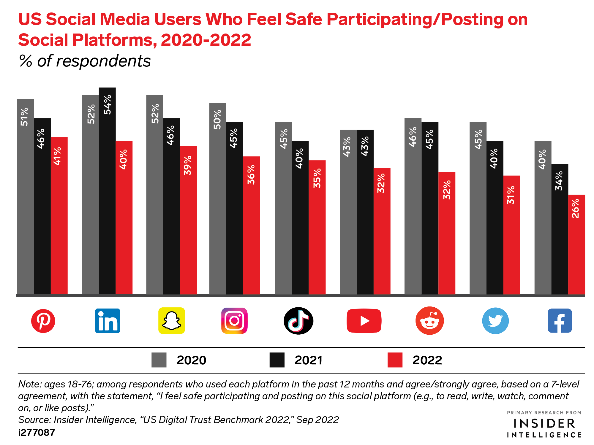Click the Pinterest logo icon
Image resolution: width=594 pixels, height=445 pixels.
point(43,321)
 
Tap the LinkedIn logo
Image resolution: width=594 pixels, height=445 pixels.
point(107,321)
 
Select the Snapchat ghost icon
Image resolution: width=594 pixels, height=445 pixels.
point(172,321)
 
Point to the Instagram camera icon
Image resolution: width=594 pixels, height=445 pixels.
point(234,321)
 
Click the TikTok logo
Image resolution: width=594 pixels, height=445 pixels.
point(298,321)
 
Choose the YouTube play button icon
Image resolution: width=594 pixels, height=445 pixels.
point(364,321)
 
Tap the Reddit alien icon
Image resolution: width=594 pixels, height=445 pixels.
point(429,321)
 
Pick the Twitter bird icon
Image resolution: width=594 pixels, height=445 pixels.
point(495,321)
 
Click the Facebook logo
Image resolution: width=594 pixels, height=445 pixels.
point(560,321)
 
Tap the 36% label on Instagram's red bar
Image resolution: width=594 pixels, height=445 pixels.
point(251,175)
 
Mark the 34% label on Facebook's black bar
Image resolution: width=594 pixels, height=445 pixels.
point(559,181)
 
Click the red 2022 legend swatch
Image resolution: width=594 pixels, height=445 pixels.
point(395,360)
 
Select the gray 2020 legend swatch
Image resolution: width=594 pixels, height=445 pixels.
point(159,360)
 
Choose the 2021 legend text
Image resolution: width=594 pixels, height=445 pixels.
point(309,360)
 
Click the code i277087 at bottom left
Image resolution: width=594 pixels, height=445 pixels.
point(37,433)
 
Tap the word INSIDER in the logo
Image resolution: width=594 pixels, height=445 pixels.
point(544,424)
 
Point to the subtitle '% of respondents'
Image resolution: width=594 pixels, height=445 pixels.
point(85,61)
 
